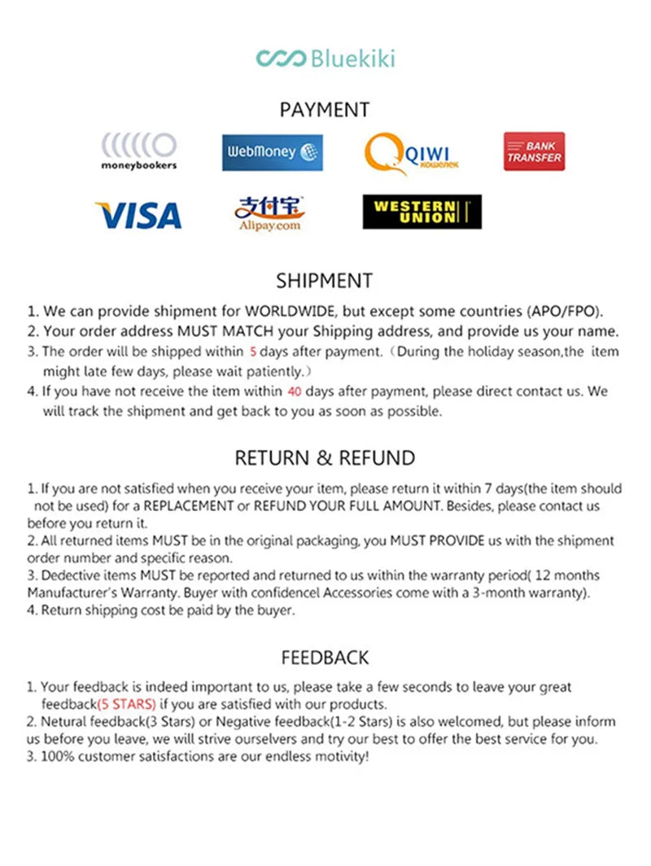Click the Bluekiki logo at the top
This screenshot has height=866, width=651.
point(325,59)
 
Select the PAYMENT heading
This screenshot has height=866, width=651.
point(325,110)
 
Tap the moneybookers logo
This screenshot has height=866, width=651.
point(138,151)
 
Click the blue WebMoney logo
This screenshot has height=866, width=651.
point(272,152)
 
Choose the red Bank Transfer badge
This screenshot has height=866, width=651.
point(534,151)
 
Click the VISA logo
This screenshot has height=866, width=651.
point(138,215)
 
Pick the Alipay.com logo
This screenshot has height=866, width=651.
point(269,213)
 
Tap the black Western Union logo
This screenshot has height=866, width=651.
point(422,212)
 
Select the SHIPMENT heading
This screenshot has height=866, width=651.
point(325,281)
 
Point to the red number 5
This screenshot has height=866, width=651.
point(253,352)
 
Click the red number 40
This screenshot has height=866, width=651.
point(295,391)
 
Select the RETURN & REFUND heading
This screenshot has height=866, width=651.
point(325,458)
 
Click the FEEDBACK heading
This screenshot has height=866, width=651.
point(325,658)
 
